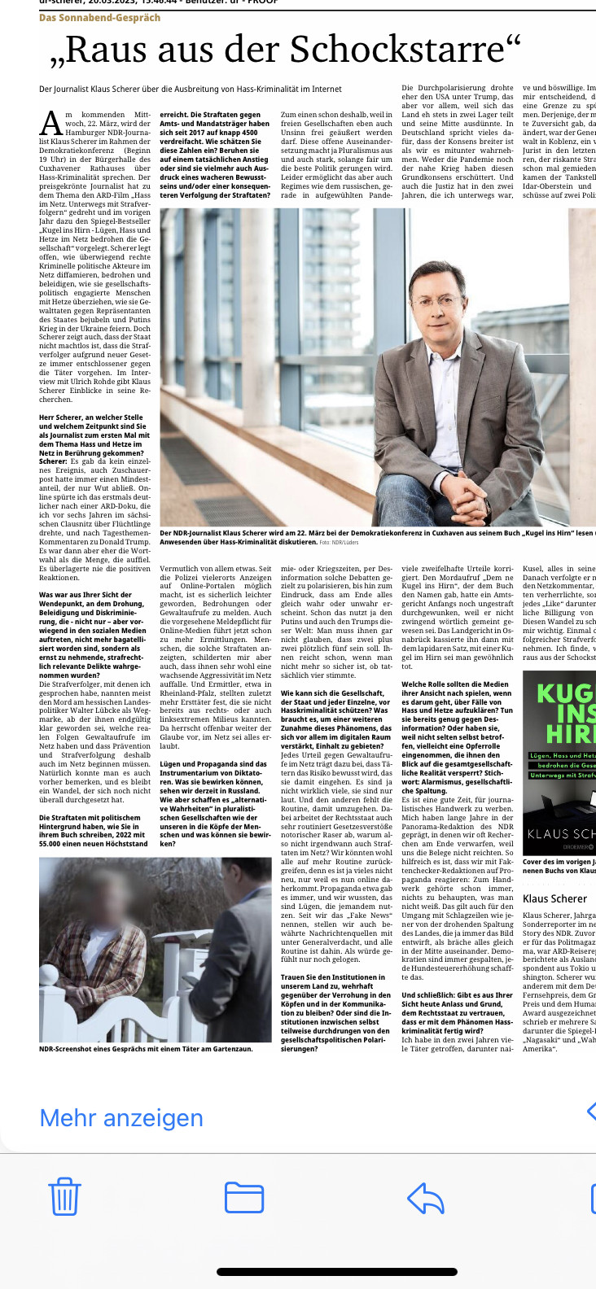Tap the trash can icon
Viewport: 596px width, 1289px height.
[64, 1196]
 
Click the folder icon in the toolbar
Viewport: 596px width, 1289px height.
[243, 1197]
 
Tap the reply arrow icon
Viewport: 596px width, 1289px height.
[425, 1197]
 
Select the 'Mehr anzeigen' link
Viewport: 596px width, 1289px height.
[121, 1118]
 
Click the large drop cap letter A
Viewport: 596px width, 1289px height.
[50, 124]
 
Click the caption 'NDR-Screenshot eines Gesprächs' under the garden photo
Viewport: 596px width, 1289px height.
[146, 1049]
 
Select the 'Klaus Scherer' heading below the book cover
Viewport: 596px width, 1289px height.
[554, 898]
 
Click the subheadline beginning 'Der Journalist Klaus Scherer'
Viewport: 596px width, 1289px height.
[191, 89]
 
